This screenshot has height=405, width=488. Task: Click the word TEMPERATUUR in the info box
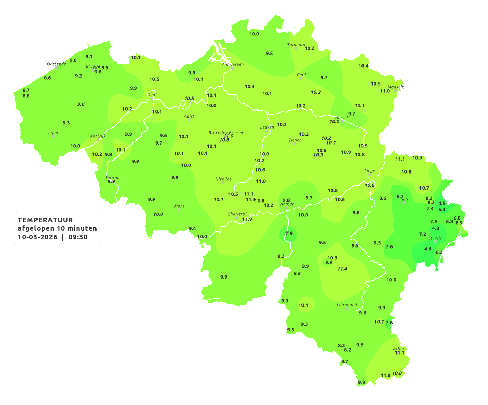tap(45, 220)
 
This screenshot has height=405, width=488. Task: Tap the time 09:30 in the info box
tap(78, 237)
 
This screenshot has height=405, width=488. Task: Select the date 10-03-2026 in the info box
tap(38, 237)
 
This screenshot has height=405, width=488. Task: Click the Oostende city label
tap(56, 64)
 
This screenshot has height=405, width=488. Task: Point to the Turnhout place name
tap(296, 45)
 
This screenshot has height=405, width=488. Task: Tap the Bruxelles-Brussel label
tap(226, 132)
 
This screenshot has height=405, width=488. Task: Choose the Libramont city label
tap(347, 305)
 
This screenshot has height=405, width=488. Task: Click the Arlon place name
tap(398, 349)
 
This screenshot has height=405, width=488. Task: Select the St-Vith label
tap(435, 238)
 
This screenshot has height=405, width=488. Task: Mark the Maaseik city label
tap(396, 87)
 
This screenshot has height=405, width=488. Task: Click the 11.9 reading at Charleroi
tap(247, 219)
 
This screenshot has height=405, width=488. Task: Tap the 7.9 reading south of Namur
tap(289, 233)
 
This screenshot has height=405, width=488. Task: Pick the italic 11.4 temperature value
tap(342, 269)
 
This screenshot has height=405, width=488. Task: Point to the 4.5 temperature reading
tap(442, 203)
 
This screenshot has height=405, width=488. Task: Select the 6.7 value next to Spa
tap(400, 197)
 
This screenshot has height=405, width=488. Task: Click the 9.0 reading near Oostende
tap(73, 60)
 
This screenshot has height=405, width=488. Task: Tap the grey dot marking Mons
tap(179, 210)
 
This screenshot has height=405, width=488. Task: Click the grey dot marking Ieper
tap(53, 136)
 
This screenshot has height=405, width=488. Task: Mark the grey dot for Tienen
tap(295, 144)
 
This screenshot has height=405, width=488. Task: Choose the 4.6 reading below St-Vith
tap(428, 249)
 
